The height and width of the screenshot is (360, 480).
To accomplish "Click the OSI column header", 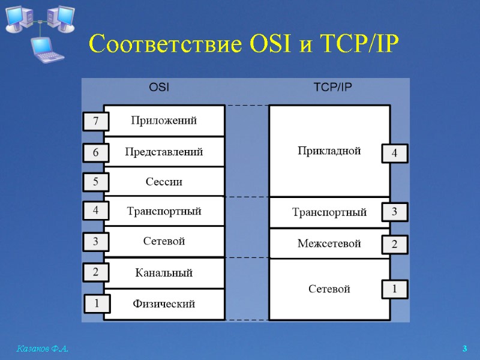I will point(159,87).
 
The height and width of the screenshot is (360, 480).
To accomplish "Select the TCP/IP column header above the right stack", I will point(333,87).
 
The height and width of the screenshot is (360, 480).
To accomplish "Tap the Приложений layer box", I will point(164,121).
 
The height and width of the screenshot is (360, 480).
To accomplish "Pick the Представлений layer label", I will point(164,152).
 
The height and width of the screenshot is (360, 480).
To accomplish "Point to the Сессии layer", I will point(164,182).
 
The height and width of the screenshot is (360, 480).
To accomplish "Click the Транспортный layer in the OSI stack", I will point(164,211).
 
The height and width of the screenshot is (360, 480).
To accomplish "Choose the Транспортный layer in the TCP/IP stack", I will point(329,212).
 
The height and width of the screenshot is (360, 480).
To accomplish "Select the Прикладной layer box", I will point(329,151).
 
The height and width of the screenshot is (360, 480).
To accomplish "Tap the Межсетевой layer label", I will point(329,244).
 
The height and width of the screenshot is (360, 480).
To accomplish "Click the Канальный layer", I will point(164,273).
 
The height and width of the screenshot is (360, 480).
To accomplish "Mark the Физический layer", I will point(164,304).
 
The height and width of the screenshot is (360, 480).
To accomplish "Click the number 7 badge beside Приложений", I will point(95,122).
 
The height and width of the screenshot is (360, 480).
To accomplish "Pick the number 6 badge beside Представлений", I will point(95,153).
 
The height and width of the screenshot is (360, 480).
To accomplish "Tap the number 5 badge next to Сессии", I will point(95,182).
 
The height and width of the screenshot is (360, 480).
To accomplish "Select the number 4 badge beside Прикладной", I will point(394,154).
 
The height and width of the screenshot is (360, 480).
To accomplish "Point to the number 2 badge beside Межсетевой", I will point(394,245).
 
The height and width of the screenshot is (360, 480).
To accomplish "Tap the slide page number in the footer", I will point(464,349).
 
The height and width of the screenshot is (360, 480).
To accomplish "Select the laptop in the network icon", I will point(46,49).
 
